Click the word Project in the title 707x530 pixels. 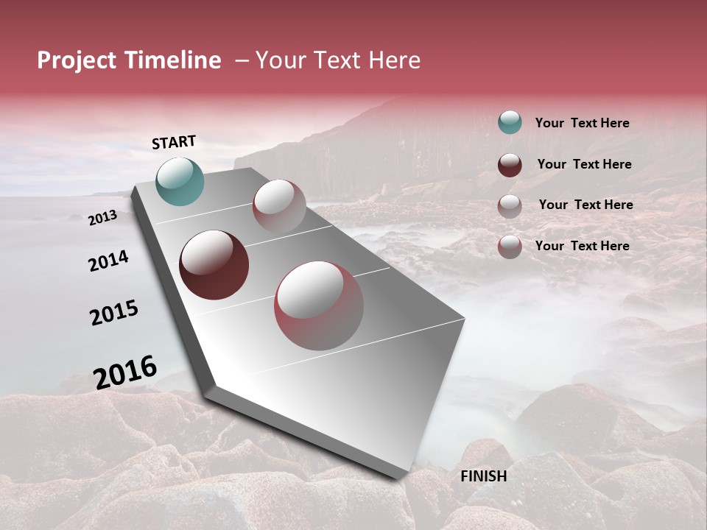point(76,60)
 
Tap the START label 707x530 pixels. point(174,142)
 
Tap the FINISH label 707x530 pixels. point(483,476)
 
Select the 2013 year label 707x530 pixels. point(102,218)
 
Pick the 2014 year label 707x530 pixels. point(108,261)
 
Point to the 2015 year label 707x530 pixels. point(113,313)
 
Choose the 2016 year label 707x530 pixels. point(124,372)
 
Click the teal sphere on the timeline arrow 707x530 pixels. point(180,181)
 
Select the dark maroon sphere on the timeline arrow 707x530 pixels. point(214,265)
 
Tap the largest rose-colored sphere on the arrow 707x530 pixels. point(319,305)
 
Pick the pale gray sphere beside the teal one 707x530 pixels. point(279,206)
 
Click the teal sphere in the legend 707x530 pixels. point(510,122)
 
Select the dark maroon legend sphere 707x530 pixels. point(510,165)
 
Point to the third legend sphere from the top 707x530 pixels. point(510,206)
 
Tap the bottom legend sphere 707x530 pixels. point(510,247)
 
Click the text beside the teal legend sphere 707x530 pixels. point(582,123)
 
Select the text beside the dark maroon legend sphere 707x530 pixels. point(584,164)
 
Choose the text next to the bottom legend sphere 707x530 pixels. point(582,246)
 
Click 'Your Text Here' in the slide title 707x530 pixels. point(337,60)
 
